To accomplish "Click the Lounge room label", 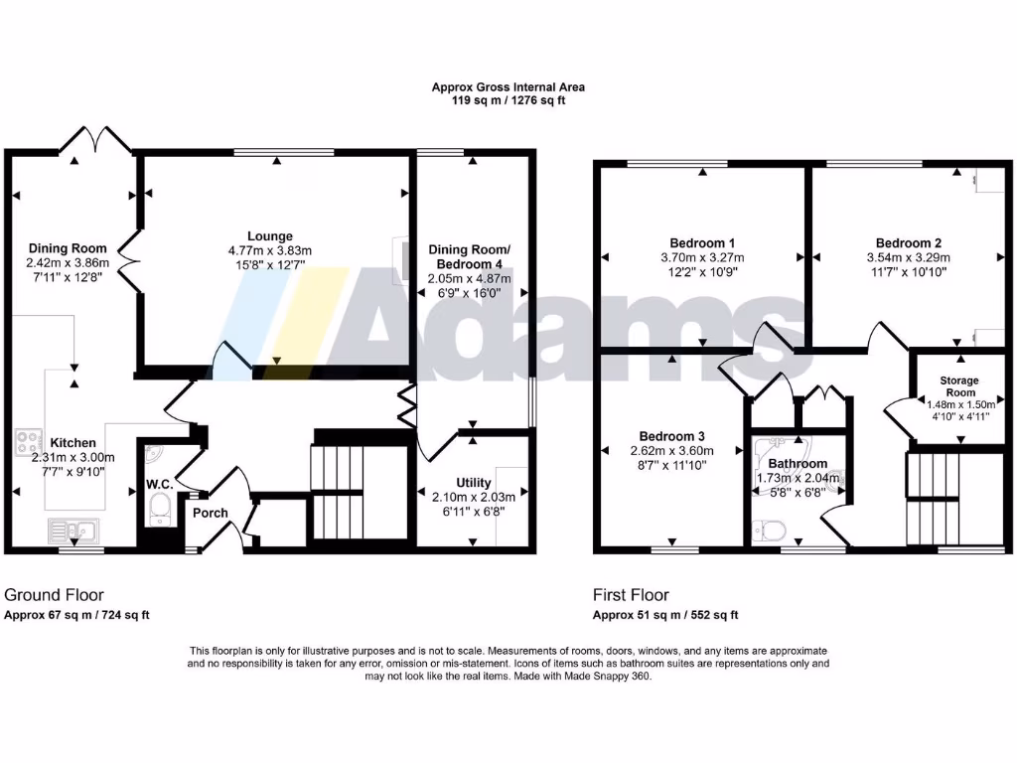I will (269, 235).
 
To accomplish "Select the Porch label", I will (210, 513).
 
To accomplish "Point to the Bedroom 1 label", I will (702, 243).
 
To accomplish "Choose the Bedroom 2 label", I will (908, 243).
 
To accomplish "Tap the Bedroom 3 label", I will (672, 436).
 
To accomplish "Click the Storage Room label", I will (959, 386).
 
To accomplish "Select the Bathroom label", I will (798, 464).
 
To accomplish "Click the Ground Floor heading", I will (54, 595).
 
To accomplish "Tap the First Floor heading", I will (631, 595).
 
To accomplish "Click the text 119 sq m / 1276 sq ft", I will (508, 100).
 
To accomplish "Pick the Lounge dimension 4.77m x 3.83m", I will (269, 250).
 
